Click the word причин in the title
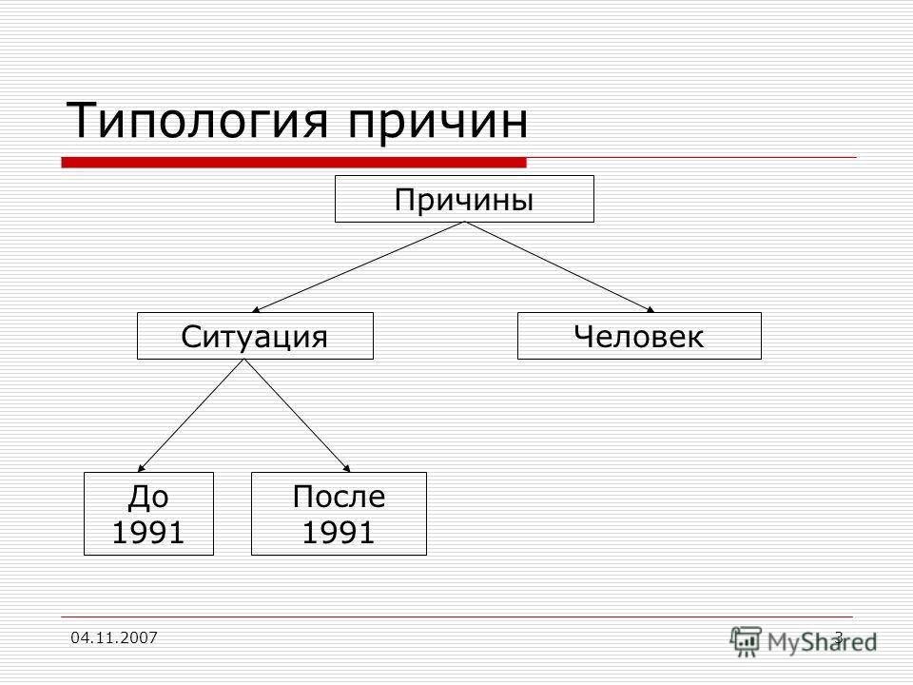pos(438,124)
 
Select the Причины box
pos(464,199)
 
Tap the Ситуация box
pos(255,336)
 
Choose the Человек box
pos(639,336)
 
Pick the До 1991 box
pos(148,513)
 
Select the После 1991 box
pos(339,513)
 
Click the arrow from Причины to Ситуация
pos(359,267)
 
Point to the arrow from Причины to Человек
pos(559,267)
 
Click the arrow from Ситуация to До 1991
pos(191,416)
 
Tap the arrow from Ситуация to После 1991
pos(298,416)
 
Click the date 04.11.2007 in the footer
pos(114,637)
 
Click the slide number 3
pos(839,637)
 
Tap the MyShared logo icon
pos(746,641)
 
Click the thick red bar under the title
pos(294,163)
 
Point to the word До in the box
pos(148,497)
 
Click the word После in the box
pos(339,497)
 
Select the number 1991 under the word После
pos(339,533)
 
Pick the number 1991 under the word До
pos(148,533)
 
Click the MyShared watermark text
pos(822,642)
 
